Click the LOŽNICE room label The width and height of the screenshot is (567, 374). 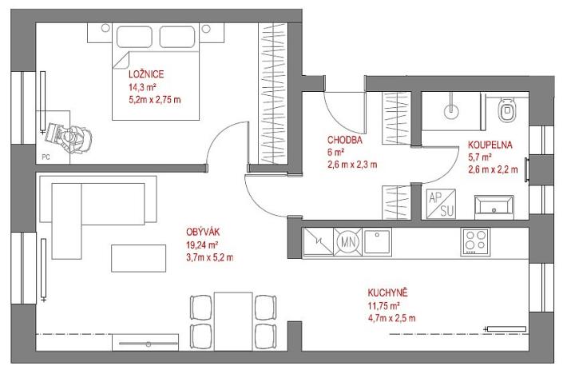(146, 74)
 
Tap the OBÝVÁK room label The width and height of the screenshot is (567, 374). (203, 233)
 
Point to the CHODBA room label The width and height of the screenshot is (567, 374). (346, 138)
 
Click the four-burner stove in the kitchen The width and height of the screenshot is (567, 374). (477, 240)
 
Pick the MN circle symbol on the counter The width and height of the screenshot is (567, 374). (347, 240)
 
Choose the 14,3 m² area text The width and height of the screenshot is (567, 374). (143, 87)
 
